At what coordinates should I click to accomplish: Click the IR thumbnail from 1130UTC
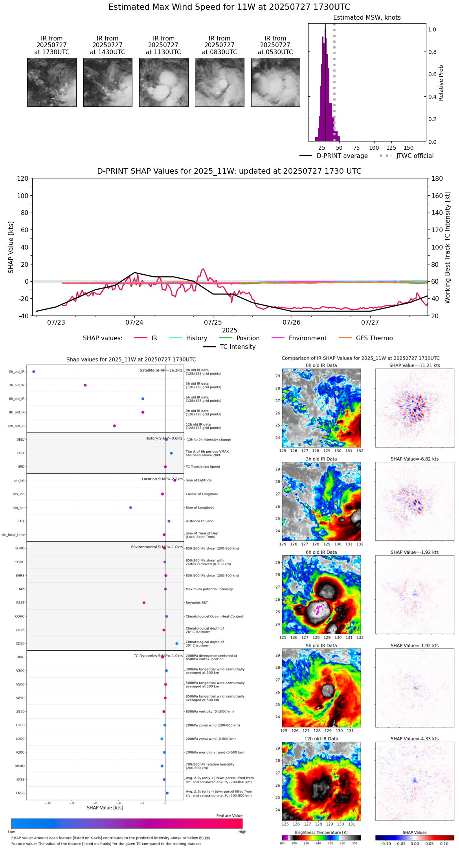pos(163,82)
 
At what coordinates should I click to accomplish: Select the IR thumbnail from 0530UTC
pos(275,82)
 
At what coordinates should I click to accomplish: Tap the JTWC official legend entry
pos(415,156)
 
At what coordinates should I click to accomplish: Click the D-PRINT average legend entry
pos(342,156)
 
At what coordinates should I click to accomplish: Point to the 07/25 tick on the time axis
pos(213,323)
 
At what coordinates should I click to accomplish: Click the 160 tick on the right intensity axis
pos(437,196)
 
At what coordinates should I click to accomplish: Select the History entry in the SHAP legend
pos(196,338)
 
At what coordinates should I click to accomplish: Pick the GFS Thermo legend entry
pos(374,338)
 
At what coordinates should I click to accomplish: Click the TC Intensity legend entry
pos(237,347)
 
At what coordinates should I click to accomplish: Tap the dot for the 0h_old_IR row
pos(34,371)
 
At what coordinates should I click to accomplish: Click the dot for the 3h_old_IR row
pos(85,385)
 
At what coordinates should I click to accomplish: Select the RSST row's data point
pos(144,602)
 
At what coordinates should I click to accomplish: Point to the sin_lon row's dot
pos(130,508)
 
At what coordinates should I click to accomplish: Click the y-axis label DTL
pos(21,521)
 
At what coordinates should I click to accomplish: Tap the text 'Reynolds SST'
pos(196,602)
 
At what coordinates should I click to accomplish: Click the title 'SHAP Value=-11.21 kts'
pos(415,365)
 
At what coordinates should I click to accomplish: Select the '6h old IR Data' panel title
pos(321,552)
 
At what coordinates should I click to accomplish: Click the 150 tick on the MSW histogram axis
pos(409,148)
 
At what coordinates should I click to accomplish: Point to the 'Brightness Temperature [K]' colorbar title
pos(321,832)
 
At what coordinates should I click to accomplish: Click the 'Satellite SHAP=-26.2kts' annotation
pos(161,370)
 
